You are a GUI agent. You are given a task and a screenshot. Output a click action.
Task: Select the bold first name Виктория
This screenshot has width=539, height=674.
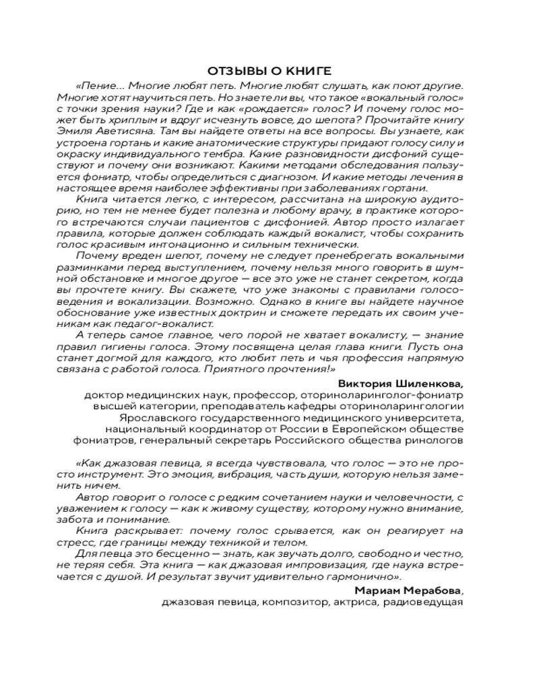click(x=373, y=383)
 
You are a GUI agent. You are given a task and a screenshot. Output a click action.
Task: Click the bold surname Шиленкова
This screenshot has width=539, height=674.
click(x=433, y=383)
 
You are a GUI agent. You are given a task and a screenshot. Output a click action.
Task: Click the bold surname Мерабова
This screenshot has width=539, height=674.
click(x=436, y=591)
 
